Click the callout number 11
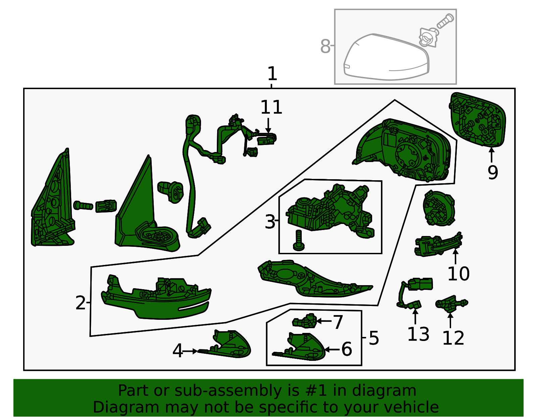(271, 107)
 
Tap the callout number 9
(492, 173)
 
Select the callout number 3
(270, 222)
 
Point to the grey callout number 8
(325, 46)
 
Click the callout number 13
(418, 334)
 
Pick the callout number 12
(453, 338)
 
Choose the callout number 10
(458, 273)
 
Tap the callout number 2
(81, 303)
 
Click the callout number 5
(374, 338)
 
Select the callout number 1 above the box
(272, 74)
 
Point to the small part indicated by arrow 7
(305, 321)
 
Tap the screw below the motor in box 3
(298, 240)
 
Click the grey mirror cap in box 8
(387, 57)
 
